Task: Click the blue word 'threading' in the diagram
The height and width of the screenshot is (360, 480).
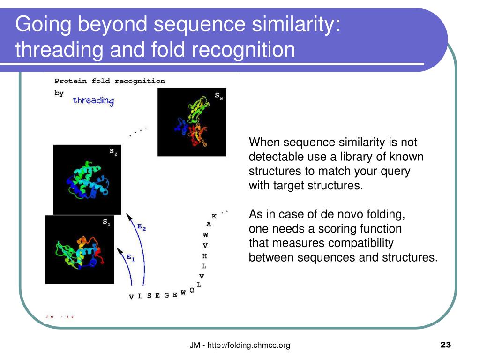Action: tap(93, 100)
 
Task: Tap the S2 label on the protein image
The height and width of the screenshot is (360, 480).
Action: tap(113, 151)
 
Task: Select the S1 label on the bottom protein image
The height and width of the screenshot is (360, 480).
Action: tap(106, 222)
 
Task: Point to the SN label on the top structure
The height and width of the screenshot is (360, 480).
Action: tap(218, 96)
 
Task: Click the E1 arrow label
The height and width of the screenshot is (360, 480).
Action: tap(131, 257)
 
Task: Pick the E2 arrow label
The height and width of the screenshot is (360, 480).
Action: tap(142, 227)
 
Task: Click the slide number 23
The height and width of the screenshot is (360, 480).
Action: tap(445, 345)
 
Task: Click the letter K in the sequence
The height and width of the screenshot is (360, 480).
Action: tap(214, 216)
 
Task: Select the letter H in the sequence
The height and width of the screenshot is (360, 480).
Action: tap(204, 256)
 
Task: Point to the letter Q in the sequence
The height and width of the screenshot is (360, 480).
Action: tap(192, 290)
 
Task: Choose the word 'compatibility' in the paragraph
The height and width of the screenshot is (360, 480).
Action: tap(360, 243)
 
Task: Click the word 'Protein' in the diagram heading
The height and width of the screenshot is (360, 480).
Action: tap(71, 81)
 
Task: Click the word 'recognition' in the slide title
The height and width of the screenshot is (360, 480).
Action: tap(243, 50)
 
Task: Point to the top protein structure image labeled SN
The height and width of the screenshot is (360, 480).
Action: tap(192, 122)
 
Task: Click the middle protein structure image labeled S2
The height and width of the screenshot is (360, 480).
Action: tap(87, 180)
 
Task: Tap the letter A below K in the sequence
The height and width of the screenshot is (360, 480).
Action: tap(209, 225)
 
